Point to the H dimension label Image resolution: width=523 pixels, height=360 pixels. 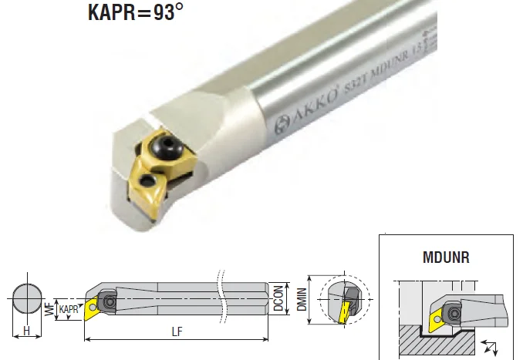tap(26, 331)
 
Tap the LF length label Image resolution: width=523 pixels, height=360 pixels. tap(177, 331)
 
